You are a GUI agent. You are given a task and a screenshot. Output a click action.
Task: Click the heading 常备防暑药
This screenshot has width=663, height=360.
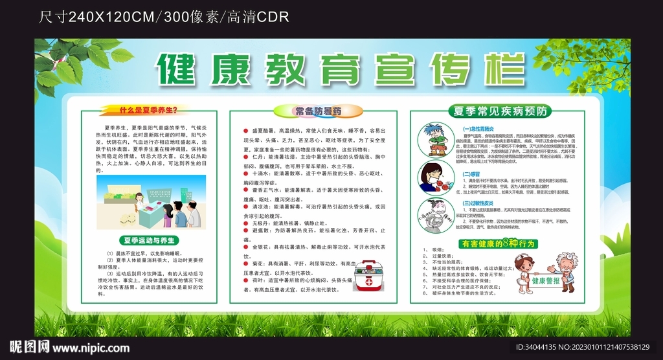(x=318, y=111)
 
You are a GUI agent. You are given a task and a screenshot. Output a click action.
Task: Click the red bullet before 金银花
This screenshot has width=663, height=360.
(x=237, y=247)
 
